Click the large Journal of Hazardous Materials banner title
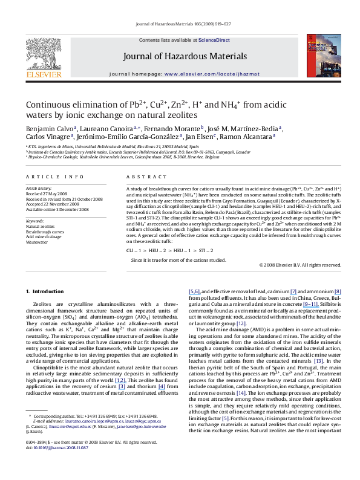tap(180, 56)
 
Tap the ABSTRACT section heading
tap(142, 177)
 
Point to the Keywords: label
tap(36, 221)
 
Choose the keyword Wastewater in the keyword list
tap(37, 241)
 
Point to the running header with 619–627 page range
tap(180, 25)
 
